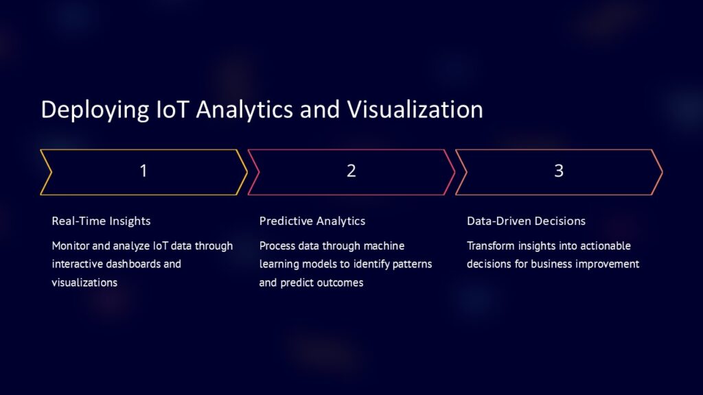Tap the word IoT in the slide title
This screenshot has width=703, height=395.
click(x=165, y=110)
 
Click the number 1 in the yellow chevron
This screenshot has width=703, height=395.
click(x=143, y=171)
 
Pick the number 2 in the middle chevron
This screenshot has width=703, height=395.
click(x=351, y=171)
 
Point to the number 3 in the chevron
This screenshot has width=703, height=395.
click(x=558, y=171)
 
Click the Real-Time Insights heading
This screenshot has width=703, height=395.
click(x=101, y=221)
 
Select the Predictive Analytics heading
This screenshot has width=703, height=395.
click(x=312, y=221)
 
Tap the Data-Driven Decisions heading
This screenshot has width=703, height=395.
click(x=526, y=221)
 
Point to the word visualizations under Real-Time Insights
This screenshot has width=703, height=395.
click(x=84, y=282)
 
